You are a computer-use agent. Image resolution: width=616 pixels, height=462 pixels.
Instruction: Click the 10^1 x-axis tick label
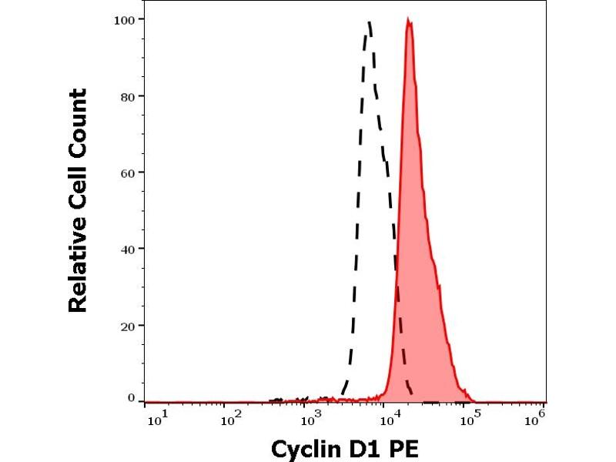155,420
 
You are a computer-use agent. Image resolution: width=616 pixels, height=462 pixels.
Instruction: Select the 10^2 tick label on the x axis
230,420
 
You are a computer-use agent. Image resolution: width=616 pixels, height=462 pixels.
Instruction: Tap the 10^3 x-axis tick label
310,420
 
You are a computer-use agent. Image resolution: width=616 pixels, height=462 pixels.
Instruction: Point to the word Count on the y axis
78,120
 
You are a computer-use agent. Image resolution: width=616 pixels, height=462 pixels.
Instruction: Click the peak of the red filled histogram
409,22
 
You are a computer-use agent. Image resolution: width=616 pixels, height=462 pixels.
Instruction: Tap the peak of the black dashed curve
370,22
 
